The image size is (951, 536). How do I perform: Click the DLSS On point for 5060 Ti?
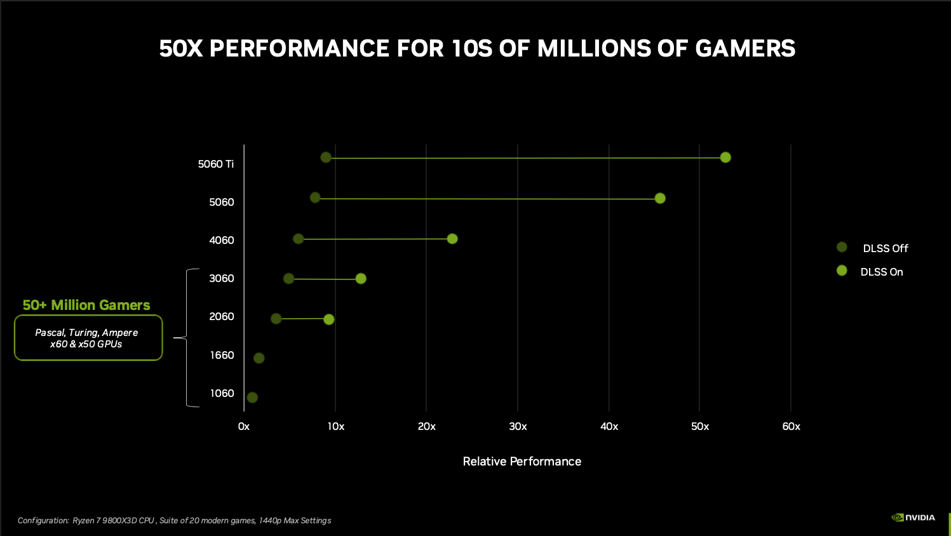[x=725, y=157]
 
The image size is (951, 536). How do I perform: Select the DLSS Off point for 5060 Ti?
[x=326, y=157]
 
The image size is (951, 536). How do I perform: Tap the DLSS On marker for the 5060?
[x=660, y=198]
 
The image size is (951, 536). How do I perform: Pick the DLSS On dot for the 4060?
[x=452, y=239]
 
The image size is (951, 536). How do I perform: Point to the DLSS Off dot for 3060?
[x=289, y=279]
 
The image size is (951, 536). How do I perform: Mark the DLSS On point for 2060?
[x=329, y=319]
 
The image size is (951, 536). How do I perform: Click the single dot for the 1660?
[x=259, y=358]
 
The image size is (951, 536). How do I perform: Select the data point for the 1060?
[x=252, y=398]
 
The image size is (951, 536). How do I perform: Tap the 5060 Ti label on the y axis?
[x=216, y=164]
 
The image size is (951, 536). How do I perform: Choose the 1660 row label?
[x=222, y=355]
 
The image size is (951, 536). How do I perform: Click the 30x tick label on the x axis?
[x=518, y=427]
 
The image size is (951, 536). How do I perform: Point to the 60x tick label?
[x=791, y=427]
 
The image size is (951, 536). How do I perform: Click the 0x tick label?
[x=244, y=427]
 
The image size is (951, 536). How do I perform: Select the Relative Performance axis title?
[x=522, y=462]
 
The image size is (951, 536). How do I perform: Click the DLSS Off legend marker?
[x=842, y=247]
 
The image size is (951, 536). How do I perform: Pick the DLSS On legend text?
[x=881, y=272]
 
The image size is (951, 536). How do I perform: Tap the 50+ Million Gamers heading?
[x=86, y=305]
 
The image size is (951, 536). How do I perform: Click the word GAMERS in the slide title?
[x=745, y=49]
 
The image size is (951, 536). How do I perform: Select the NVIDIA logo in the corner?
[x=914, y=518]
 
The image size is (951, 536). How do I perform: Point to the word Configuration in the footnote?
[x=43, y=521]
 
